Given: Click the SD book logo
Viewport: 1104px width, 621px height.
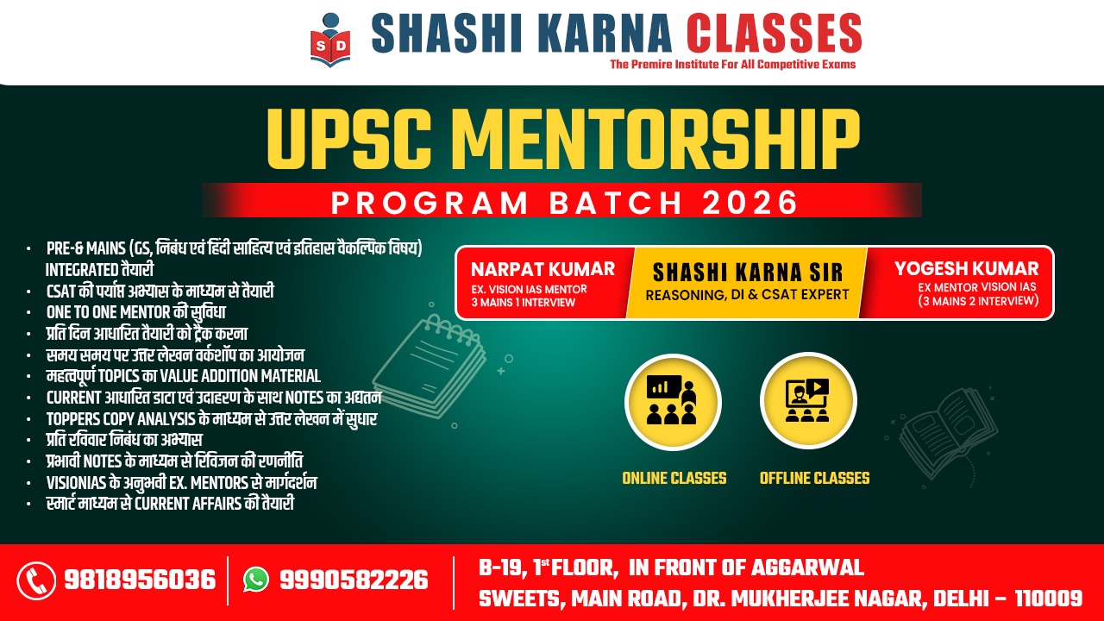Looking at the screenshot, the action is [330, 40].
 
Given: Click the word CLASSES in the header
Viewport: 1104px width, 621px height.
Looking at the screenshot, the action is [774, 33].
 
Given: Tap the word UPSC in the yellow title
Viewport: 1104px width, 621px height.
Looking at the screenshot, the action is [349, 139].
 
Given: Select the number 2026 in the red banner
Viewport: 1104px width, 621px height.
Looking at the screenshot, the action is [750, 202].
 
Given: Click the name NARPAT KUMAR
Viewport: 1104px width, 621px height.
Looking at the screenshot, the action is [543, 269].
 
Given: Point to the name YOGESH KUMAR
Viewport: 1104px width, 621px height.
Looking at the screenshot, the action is [967, 268].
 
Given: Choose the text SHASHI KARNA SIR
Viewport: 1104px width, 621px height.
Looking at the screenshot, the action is [748, 272].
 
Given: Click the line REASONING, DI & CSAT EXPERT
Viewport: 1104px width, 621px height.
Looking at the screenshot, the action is [747, 295].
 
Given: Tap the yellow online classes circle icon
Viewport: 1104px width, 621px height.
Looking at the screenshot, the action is [674, 402].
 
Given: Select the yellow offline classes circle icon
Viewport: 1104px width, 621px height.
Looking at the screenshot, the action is [808, 401].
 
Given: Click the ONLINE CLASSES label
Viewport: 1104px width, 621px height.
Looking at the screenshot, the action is [674, 478].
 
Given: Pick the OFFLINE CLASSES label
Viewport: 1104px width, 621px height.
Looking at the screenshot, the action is [815, 478].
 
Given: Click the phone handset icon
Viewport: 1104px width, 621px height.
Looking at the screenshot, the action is [36, 580].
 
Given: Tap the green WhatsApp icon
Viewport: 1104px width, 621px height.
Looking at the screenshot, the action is [256, 580].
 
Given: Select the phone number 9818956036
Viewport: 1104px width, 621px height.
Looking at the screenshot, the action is [140, 580].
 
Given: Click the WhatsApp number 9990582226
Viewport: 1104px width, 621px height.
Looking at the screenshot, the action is [354, 580].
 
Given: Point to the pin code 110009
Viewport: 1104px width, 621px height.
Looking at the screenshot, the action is [1048, 599].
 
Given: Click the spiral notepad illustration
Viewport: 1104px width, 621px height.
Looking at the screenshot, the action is [430, 367].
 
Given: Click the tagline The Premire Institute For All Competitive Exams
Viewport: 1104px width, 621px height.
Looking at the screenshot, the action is [733, 64].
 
